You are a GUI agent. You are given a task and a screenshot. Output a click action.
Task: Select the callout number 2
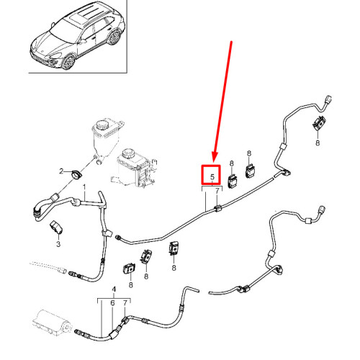pyautogui.click(x=63, y=171)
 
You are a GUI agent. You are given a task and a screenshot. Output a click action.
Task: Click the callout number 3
pyautogui.click(x=59, y=243)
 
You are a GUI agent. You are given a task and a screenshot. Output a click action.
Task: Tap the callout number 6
pyautogui.click(x=113, y=304)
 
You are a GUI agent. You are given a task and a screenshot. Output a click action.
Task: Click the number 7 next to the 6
pyautogui.click(x=127, y=304)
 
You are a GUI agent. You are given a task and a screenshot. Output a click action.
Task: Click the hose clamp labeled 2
pyautogui.click(x=76, y=174)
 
